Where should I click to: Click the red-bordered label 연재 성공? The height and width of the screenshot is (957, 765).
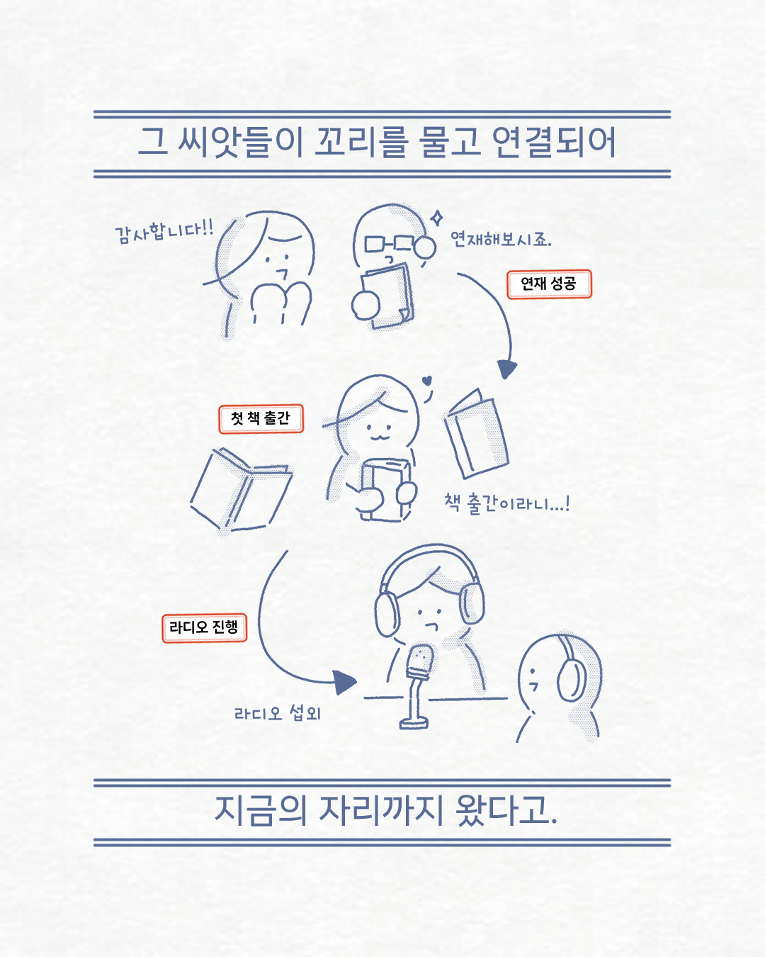pyautogui.click(x=549, y=284)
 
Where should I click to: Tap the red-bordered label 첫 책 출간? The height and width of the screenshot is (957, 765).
pyautogui.click(x=261, y=418)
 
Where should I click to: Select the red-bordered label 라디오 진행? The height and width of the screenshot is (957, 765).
pyautogui.click(x=204, y=628)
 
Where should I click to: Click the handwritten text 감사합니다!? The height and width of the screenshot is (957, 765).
pyautogui.click(x=164, y=231)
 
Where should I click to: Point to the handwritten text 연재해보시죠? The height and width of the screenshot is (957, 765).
pyautogui.click(x=501, y=240)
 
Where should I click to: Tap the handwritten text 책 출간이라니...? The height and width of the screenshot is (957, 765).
pyautogui.click(x=506, y=504)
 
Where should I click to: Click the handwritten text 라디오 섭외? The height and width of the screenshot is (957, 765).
pyautogui.click(x=278, y=713)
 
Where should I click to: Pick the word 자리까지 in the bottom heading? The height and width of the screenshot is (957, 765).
pyautogui.click(x=381, y=810)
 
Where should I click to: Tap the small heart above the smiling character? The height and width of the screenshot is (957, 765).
pyautogui.click(x=427, y=381)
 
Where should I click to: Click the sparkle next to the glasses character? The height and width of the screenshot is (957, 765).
pyautogui.click(x=438, y=218)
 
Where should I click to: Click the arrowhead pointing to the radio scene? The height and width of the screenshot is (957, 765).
pyautogui.click(x=345, y=682)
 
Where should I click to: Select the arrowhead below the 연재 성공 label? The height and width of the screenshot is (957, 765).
pyautogui.click(x=506, y=369)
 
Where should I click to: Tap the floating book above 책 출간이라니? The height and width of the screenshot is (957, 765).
pyautogui.click(x=476, y=434)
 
